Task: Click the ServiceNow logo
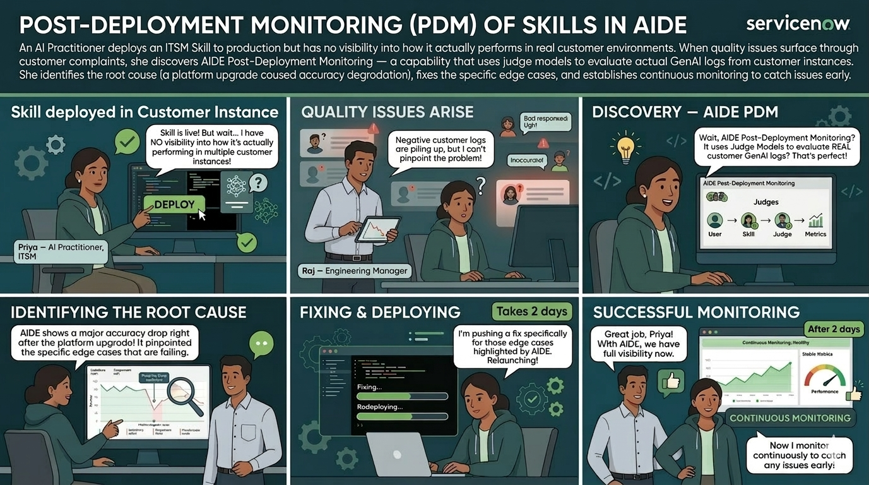pyautogui.click(x=798, y=23)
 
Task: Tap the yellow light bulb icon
pyautogui.click(x=625, y=147)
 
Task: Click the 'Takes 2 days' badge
pyautogui.click(x=531, y=311)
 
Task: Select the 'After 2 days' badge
pyautogui.click(x=833, y=329)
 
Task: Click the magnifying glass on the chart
pyautogui.click(x=187, y=395)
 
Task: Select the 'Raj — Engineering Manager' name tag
pyautogui.click(x=355, y=271)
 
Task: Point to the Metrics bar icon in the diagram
pyautogui.click(x=816, y=220)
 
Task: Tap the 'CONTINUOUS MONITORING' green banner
pyautogui.click(x=789, y=418)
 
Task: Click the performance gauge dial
pyautogui.click(x=825, y=376)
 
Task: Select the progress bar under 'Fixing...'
pyautogui.click(x=403, y=397)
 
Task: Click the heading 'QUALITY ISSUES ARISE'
pyautogui.click(x=387, y=112)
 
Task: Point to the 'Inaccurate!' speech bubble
pyautogui.click(x=526, y=160)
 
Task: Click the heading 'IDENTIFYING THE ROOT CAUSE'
pyautogui.click(x=128, y=312)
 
